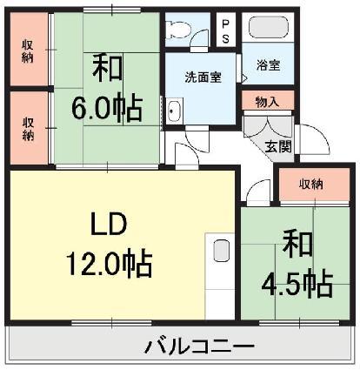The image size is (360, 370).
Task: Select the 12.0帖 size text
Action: click(110, 261)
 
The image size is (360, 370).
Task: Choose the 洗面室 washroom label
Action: click(202, 77)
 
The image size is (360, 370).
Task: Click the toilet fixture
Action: click(177, 26)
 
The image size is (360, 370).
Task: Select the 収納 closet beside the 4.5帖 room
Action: click(310, 184)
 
